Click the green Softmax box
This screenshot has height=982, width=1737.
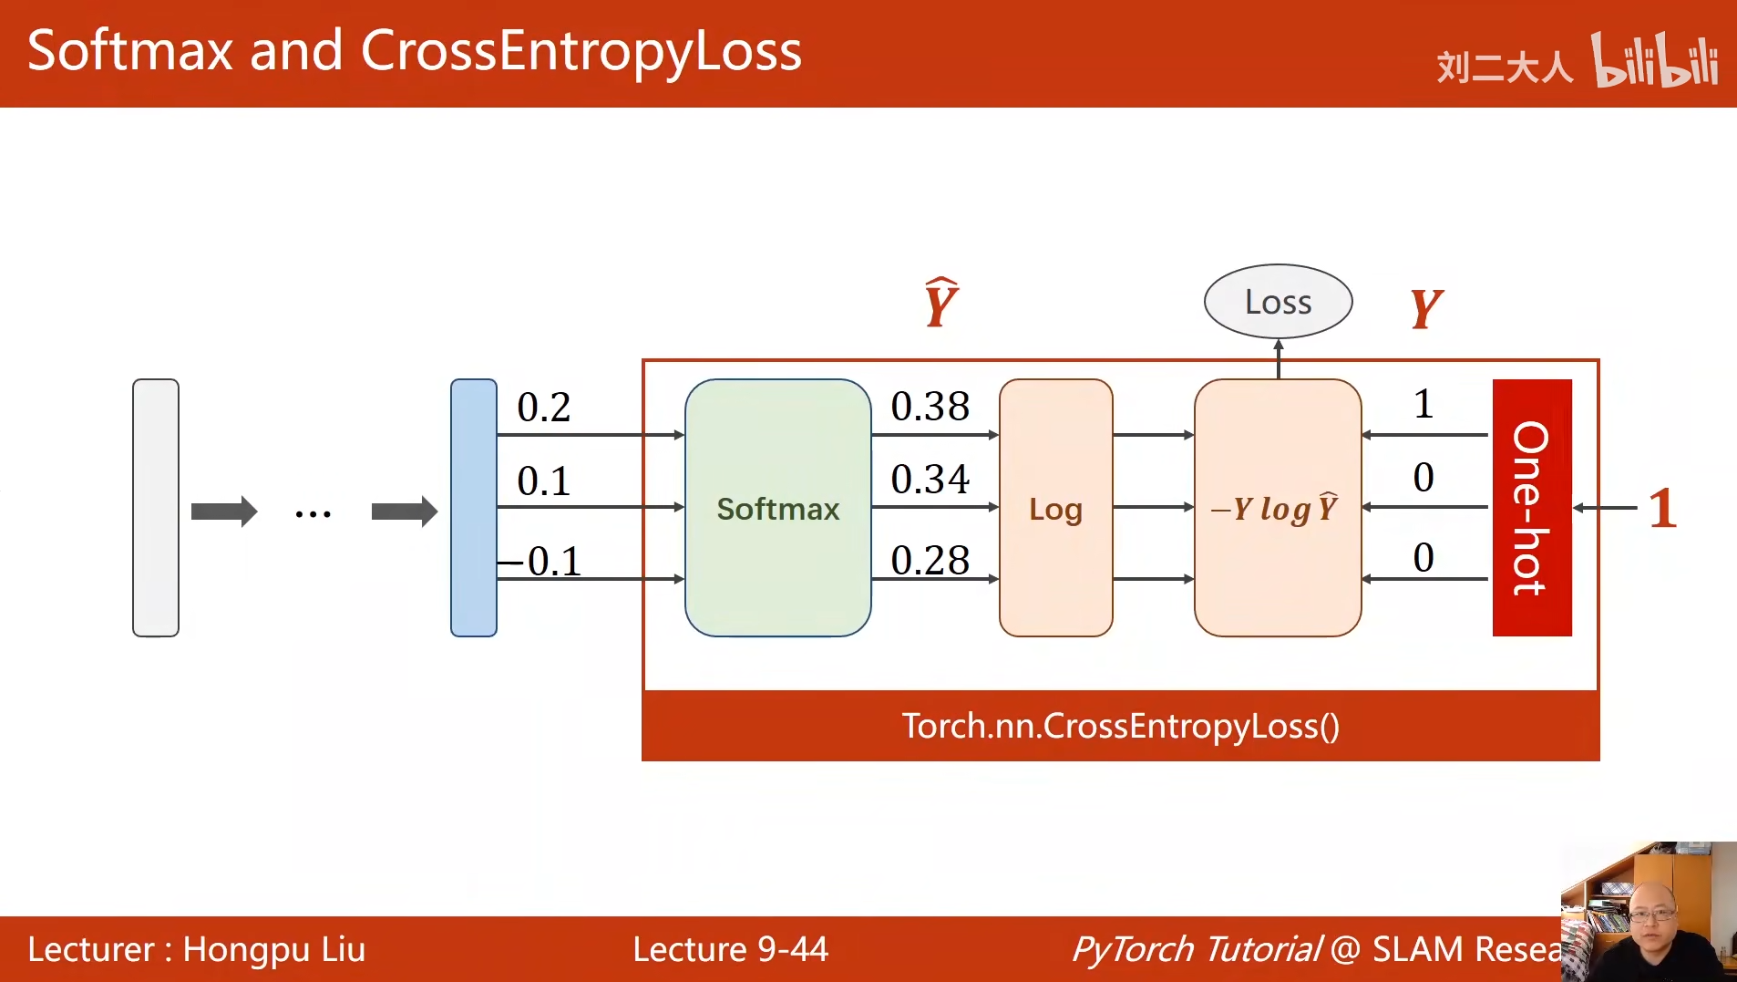777,508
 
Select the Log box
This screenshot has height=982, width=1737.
1055,508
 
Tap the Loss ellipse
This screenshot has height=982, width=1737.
1278,302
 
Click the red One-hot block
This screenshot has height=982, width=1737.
1531,508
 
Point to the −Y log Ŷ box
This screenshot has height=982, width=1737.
1277,508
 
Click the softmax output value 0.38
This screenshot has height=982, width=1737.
930,407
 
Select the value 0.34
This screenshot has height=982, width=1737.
930,480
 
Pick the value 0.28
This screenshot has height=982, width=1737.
930,560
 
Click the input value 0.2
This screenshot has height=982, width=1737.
543,408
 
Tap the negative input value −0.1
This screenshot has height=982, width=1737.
541,561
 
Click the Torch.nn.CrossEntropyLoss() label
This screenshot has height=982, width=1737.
1120,726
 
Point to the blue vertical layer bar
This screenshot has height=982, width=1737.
473,508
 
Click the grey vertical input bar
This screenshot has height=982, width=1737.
156,508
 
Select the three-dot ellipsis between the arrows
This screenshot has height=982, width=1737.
313,514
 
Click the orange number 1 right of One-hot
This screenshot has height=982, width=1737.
1662,509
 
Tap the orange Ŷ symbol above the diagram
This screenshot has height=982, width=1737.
940,303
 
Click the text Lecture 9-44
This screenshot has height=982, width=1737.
730,949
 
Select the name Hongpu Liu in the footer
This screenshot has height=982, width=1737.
273,949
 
